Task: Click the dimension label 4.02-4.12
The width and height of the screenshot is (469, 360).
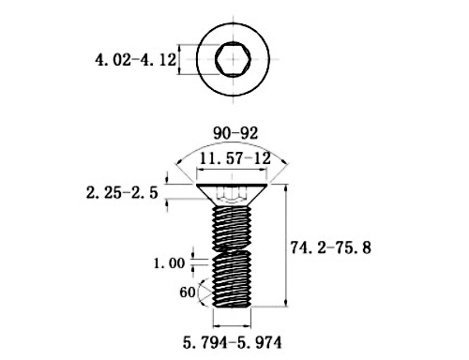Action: (136, 60)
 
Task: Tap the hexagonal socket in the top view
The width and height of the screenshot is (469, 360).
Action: (233, 59)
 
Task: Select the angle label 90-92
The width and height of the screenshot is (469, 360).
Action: (235, 133)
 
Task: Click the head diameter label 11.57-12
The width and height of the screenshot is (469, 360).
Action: (234, 158)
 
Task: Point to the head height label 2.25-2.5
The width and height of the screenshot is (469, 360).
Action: (122, 193)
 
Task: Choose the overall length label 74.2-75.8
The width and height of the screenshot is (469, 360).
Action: (331, 247)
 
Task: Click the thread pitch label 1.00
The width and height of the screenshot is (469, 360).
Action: (169, 263)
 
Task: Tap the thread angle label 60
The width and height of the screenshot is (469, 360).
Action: (188, 292)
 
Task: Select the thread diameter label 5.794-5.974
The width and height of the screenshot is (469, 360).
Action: (232, 343)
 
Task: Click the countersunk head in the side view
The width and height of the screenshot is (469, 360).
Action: (232, 194)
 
